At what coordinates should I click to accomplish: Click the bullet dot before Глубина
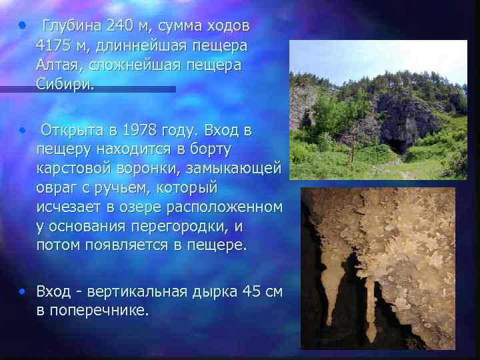point(23,27)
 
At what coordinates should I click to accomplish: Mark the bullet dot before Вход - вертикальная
point(23,291)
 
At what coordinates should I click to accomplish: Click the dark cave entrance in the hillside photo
point(395,146)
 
